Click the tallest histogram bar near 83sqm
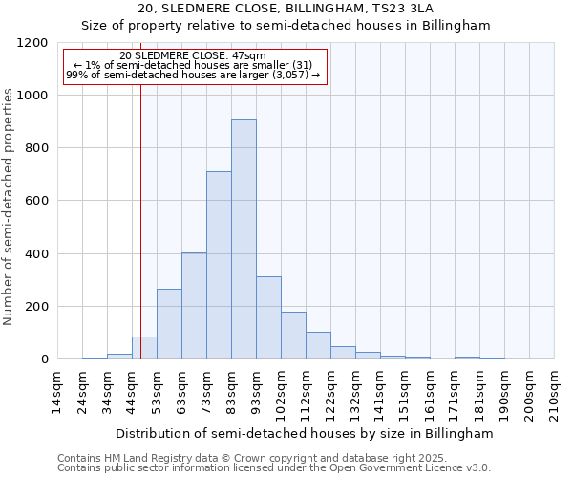click(x=244, y=239)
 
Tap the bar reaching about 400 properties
click(x=194, y=306)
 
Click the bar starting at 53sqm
click(x=169, y=323)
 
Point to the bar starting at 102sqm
click(x=293, y=336)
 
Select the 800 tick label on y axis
click(x=37, y=148)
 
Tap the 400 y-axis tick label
click(x=37, y=254)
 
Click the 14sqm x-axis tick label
click(x=58, y=390)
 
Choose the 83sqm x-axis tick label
click(x=232, y=390)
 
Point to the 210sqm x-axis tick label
click(x=555, y=392)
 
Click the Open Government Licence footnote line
click(x=274, y=467)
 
